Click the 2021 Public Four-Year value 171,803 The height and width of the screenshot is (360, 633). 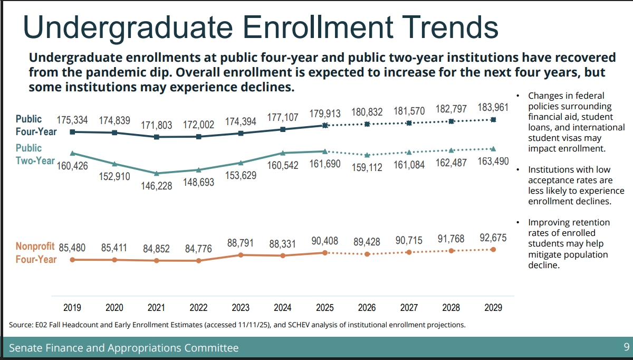point(156,126)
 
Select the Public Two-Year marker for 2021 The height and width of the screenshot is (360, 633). point(156,173)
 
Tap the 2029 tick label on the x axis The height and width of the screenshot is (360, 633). point(493,307)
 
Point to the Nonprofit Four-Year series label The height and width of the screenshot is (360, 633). point(36,252)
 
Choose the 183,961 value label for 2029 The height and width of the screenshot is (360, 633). point(493,108)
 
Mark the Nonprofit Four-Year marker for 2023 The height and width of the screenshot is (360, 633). point(241,255)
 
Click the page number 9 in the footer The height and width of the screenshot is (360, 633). point(626,347)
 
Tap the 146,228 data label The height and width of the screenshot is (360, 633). point(156,186)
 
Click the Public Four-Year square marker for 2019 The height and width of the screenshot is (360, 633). point(72,132)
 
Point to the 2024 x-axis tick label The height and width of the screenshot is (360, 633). point(283,307)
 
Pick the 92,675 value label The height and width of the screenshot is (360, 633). point(493,238)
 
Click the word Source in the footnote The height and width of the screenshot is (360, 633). point(22,325)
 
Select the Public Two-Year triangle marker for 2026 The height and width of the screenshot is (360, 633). point(367,155)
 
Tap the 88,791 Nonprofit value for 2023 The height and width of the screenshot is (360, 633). point(241,243)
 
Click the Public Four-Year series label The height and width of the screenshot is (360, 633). point(36,125)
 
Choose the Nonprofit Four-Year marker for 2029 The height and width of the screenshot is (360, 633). point(493,249)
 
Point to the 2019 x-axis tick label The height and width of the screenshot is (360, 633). point(72,307)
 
